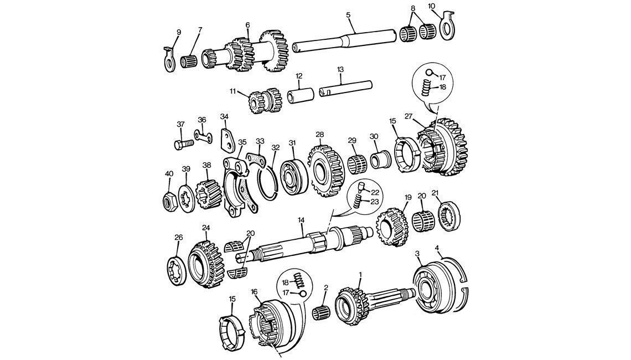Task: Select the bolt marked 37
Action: point(183,145)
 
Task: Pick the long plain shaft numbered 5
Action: point(343,42)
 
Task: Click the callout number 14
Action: point(301,220)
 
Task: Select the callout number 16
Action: point(255,291)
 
